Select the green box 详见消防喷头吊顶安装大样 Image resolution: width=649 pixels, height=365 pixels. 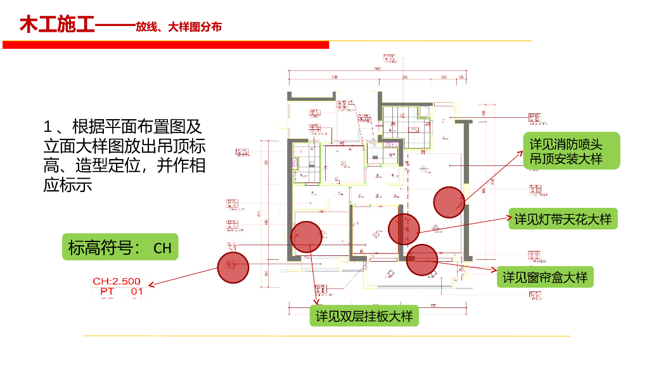(x=570, y=151)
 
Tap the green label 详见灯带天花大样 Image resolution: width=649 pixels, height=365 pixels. (x=563, y=219)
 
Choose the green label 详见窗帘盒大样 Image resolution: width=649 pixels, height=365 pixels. (x=545, y=277)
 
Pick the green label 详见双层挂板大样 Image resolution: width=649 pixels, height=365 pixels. (x=364, y=316)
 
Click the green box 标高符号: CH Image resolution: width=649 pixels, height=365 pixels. (x=120, y=247)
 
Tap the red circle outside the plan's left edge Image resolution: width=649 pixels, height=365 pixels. (x=233, y=267)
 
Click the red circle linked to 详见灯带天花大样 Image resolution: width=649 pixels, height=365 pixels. (x=404, y=229)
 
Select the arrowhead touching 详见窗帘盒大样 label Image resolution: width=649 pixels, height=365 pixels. (x=494, y=271)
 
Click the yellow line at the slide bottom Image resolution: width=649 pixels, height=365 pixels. (x=326, y=336)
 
